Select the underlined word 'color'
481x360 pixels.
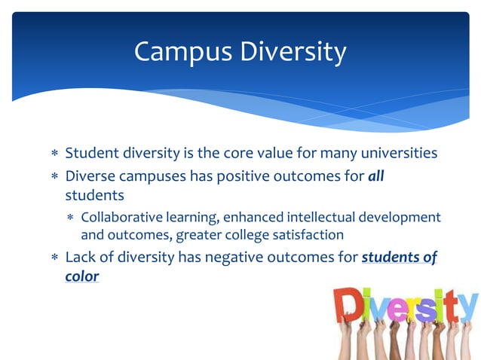(x=82, y=276)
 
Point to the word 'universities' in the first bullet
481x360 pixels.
(x=397, y=154)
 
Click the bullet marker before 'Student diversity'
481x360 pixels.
(x=54, y=154)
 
